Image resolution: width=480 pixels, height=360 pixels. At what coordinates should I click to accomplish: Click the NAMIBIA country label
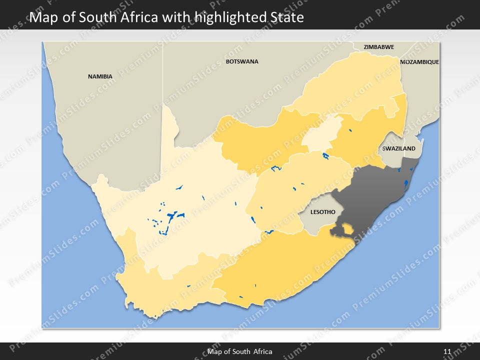pyautogui.click(x=100, y=76)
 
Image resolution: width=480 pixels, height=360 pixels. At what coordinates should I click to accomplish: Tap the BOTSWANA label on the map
pyautogui.click(x=242, y=61)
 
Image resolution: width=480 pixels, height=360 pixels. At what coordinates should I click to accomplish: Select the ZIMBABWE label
pyautogui.click(x=378, y=47)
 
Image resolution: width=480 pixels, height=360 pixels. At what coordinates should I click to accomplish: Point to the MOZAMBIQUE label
pyautogui.click(x=419, y=62)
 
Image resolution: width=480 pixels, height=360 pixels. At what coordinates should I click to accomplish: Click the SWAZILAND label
pyautogui.click(x=398, y=148)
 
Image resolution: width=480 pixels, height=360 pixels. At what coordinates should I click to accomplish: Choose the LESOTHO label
pyautogui.click(x=322, y=212)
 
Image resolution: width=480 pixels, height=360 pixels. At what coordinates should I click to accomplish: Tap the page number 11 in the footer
pyautogui.click(x=447, y=351)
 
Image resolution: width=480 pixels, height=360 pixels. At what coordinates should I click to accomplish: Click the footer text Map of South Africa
pyautogui.click(x=240, y=351)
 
